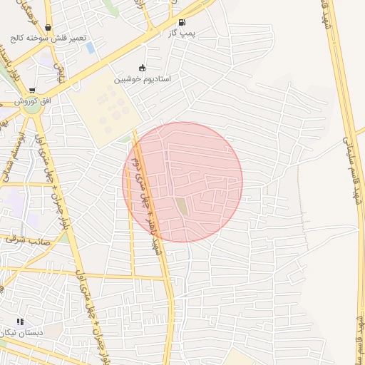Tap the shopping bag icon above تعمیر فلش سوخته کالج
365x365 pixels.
pyautogui.click(x=48, y=28)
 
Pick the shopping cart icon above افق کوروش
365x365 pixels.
pyautogui.click(x=32, y=91)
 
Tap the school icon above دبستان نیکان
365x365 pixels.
pyautogui.click(x=20, y=322)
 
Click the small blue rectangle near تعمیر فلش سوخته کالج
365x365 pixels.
pyautogui.click(x=89, y=48)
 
